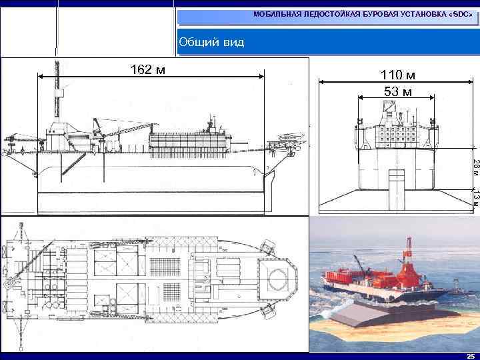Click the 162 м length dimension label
[x=148, y=69]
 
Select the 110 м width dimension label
[x=398, y=76]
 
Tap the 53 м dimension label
[x=398, y=91]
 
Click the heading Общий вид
[x=211, y=43]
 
